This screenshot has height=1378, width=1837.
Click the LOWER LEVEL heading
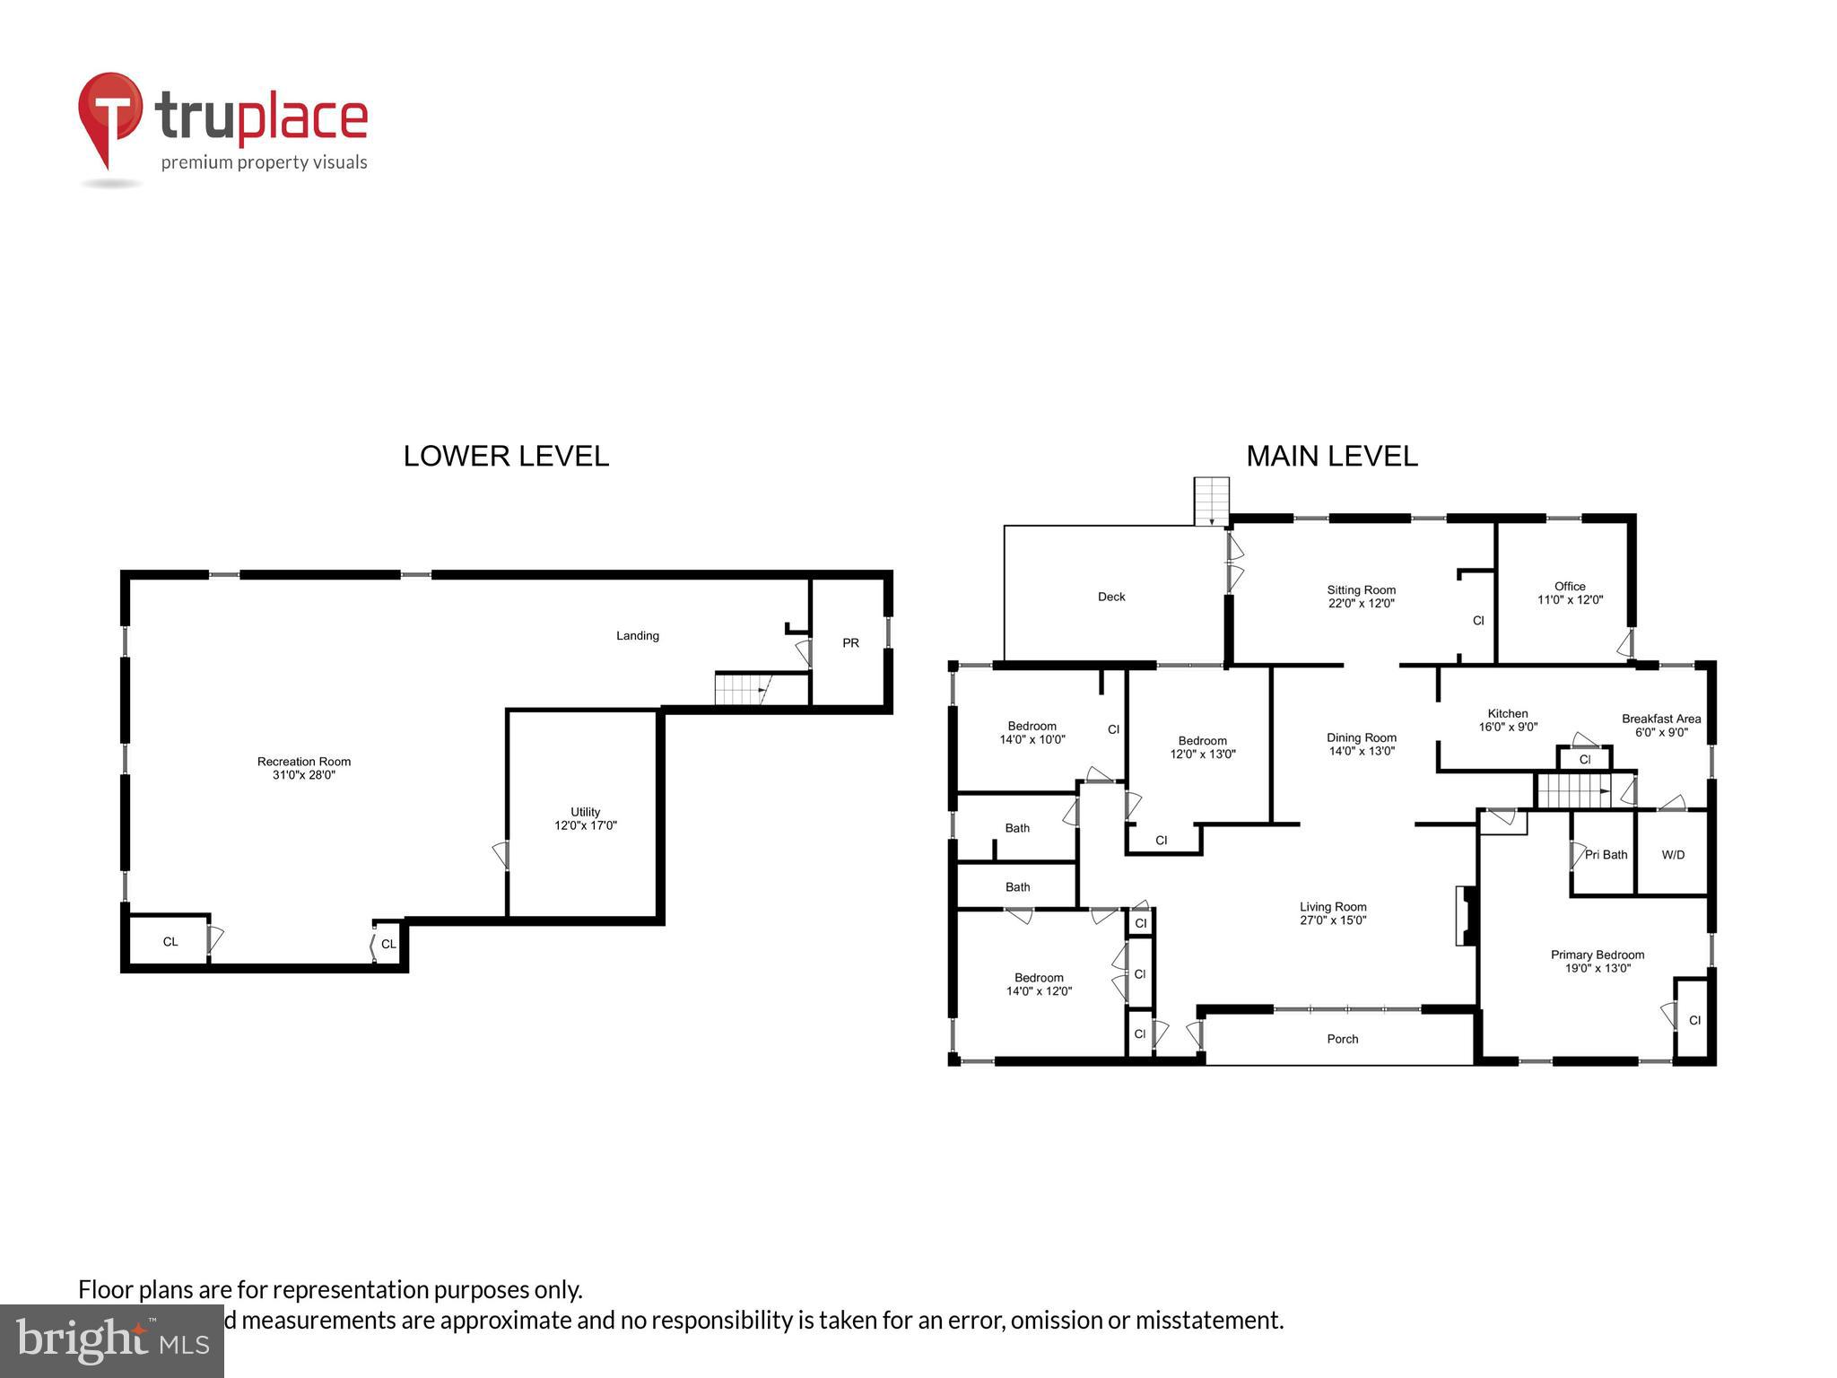pyautogui.click(x=506, y=456)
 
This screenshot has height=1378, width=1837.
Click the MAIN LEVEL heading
pyautogui.click(x=1331, y=456)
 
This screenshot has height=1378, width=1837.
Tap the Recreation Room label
pyautogui.click(x=304, y=762)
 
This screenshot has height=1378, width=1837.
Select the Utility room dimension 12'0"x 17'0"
pyautogui.click(x=585, y=825)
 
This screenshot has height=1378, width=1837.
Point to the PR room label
pyautogui.click(x=850, y=642)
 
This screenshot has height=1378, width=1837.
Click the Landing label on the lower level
pyautogui.click(x=637, y=635)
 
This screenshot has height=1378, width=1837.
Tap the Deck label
pyautogui.click(x=1110, y=597)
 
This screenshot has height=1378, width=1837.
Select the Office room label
pyautogui.click(x=1570, y=586)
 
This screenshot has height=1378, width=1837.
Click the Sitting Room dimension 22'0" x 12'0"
pyautogui.click(x=1361, y=604)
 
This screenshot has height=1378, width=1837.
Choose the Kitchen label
pyautogui.click(x=1507, y=713)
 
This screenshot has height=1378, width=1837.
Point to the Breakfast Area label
pyautogui.click(x=1660, y=719)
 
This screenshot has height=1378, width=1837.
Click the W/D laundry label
pyautogui.click(x=1673, y=855)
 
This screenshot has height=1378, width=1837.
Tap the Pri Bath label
pyautogui.click(x=1606, y=855)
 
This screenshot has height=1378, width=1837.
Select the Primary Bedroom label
pyautogui.click(x=1598, y=955)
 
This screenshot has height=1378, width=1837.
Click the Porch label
pyautogui.click(x=1342, y=1039)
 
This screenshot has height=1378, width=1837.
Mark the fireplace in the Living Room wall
pyautogui.click(x=1465, y=915)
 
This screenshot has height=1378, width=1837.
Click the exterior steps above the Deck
pyautogui.click(x=1210, y=501)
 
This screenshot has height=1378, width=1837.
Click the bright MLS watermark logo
pyautogui.click(x=111, y=1340)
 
